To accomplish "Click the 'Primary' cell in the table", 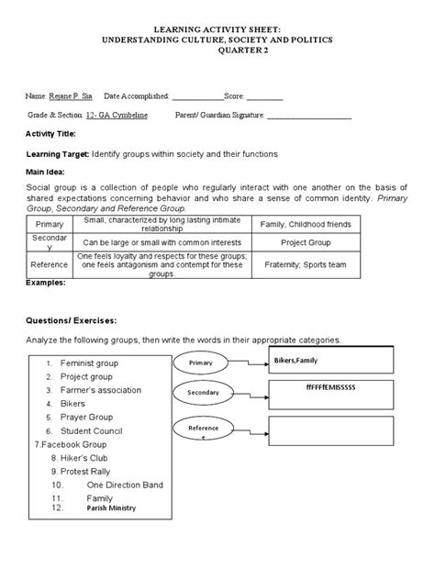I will pos(50,224).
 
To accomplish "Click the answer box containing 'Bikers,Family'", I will pos(330,362).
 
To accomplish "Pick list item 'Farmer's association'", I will pos(101,389).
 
